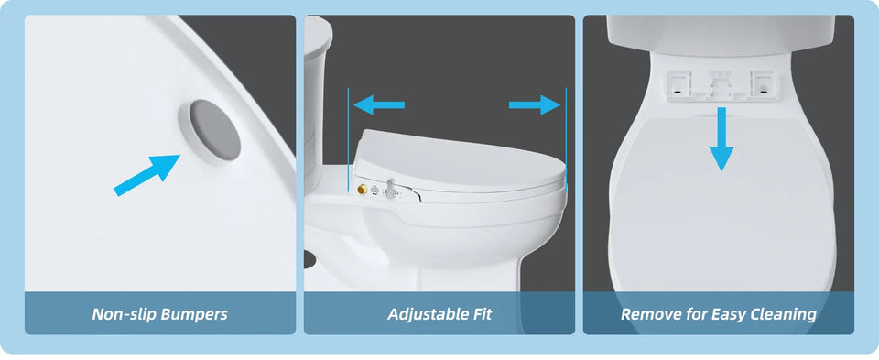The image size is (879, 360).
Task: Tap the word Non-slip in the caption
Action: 125,314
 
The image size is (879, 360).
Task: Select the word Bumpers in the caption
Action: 194,314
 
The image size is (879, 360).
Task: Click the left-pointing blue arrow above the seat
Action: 378,105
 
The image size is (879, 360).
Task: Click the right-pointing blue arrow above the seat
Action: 535,105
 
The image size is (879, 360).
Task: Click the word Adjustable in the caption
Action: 427,314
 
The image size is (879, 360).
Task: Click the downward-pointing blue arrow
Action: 722,138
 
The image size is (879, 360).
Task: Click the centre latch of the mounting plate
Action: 718,85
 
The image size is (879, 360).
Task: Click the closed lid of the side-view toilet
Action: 458,156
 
